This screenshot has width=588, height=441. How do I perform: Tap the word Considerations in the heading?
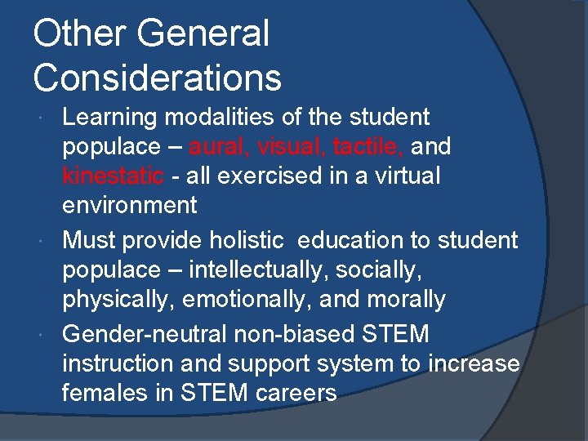point(158,78)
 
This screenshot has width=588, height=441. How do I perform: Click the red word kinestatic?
point(114,176)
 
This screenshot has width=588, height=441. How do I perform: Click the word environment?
point(130,205)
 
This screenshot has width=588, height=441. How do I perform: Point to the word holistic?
point(247,240)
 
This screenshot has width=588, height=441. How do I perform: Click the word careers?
point(295,393)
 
